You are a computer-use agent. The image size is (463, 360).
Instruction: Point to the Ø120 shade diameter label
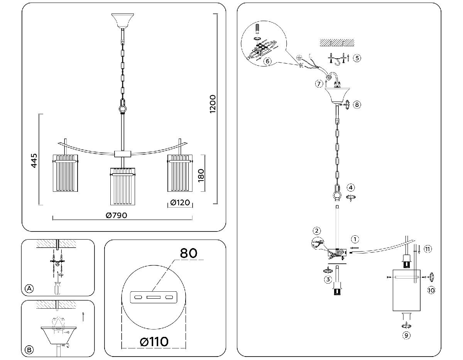pos(180,203)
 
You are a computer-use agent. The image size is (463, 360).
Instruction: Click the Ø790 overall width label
pos(116,215)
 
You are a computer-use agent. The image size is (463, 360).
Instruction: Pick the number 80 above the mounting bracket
pos(189,253)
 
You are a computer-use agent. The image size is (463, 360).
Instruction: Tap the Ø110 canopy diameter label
pos(154,341)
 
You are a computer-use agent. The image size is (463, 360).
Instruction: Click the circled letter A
pos(29,289)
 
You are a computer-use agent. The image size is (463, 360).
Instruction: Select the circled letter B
pos(29,350)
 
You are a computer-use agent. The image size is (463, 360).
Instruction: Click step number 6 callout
pos(267,61)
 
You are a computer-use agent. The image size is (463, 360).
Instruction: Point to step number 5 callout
pos(357,58)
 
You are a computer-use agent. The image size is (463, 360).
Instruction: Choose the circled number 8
pos(357,104)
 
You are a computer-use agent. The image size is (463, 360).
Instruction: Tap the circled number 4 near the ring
pos(350,188)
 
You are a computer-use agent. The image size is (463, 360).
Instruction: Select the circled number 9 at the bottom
pos(406,335)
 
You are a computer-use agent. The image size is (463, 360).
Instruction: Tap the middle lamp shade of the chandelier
pos(123,186)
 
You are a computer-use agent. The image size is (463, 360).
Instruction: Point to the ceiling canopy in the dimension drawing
pos(122,21)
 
